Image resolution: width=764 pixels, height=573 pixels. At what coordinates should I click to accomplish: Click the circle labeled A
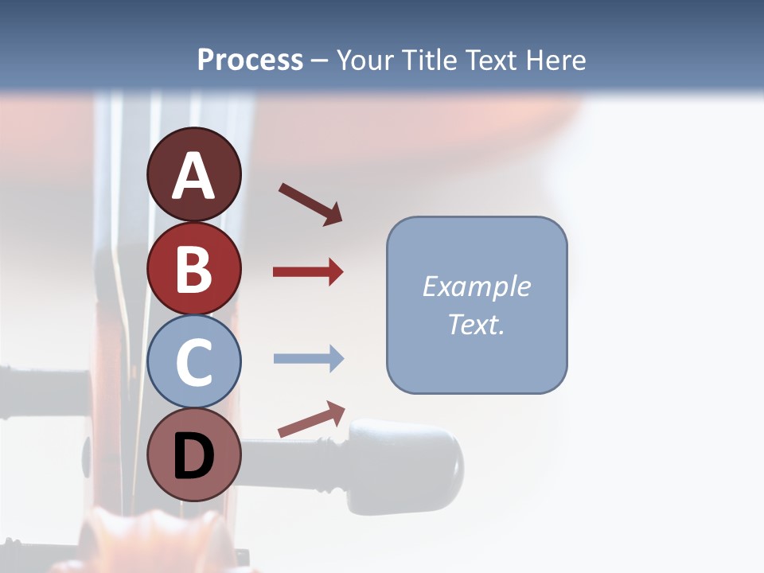193,174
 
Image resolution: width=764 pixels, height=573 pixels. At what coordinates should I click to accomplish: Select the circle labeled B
193,268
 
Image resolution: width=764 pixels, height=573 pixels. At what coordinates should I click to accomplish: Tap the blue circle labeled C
193,362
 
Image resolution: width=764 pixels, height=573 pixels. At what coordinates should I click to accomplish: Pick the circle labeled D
193,455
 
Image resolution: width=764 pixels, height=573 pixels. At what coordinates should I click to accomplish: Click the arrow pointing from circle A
310,204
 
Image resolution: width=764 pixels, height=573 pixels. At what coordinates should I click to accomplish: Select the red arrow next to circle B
308,272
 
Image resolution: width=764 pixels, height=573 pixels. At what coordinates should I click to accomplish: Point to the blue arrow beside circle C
308,359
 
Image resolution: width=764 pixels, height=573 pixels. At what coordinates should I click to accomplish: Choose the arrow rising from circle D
311,420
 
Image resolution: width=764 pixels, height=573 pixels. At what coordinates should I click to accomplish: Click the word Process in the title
250,60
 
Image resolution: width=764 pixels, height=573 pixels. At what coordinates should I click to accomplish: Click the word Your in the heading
362,60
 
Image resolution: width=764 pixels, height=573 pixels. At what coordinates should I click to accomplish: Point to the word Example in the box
476,286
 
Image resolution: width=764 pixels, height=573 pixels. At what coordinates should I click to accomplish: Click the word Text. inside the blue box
476,325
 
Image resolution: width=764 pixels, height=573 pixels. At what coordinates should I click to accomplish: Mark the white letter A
193,177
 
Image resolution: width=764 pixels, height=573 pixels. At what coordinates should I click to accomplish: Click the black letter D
193,457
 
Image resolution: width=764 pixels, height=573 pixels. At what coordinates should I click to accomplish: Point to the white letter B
193,269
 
